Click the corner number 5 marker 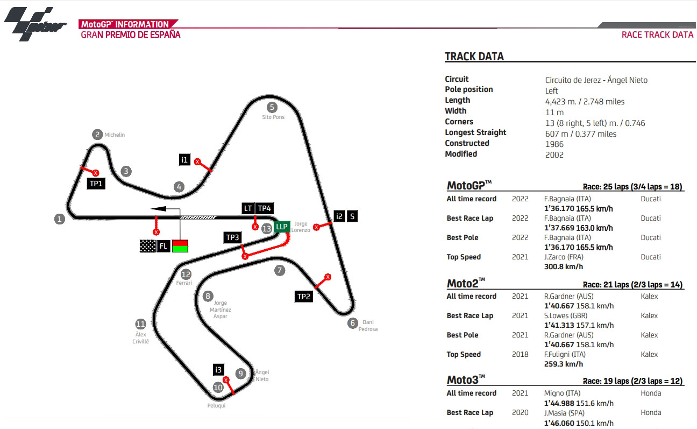[272, 107]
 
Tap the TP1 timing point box [96, 184]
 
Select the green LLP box [282, 227]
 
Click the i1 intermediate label [184, 160]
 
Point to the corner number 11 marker [140, 324]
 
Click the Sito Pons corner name [273, 117]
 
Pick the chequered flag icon [147, 246]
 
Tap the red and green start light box [180, 246]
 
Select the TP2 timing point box [304, 296]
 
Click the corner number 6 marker [353, 323]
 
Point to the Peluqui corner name [216, 406]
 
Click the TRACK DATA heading [474, 57]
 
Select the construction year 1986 [554, 144]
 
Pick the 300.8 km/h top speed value [564, 266]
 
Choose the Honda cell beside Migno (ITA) [651, 393]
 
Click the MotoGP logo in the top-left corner [35, 24]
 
